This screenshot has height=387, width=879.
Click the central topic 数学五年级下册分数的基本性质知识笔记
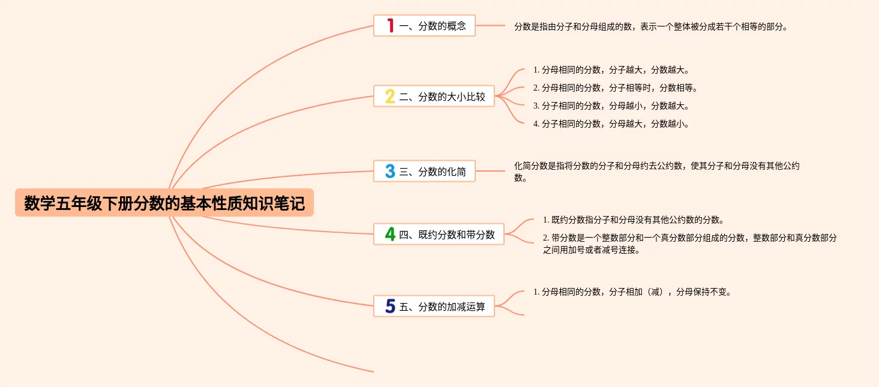pos(164,204)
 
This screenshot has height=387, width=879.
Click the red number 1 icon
pos(390,26)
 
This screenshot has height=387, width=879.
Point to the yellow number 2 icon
pos(390,97)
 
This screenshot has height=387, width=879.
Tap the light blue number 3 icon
pos(390,172)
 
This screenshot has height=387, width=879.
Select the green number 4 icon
pos(390,235)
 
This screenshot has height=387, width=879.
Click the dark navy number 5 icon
pos(390,307)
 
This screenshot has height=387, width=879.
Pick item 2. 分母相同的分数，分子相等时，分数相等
pos(616,88)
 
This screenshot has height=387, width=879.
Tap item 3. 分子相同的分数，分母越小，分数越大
pos(611,106)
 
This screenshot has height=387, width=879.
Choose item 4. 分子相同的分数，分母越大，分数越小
pos(611,124)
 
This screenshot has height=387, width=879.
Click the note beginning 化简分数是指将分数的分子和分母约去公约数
pos(656,172)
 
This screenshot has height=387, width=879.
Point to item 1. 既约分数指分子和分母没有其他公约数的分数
pos(633,220)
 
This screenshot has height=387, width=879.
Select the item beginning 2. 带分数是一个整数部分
pos(689,244)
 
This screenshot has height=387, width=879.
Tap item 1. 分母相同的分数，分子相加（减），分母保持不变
pos(632,292)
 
